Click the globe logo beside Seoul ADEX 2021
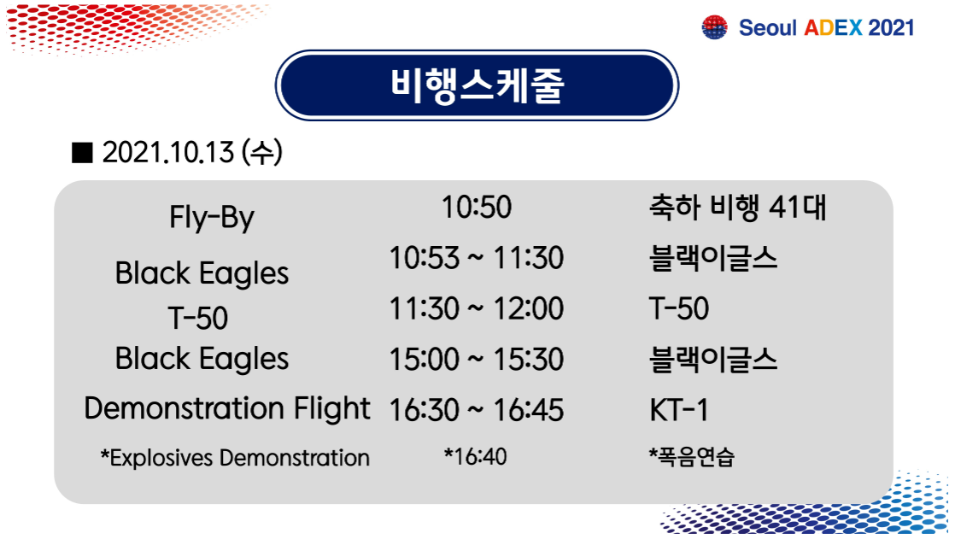[715, 27]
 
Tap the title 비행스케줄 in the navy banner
[477, 85]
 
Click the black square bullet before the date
[82, 153]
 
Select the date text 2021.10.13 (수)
[192, 152]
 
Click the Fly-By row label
[212, 218]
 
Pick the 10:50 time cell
[476, 208]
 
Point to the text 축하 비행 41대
[738, 208]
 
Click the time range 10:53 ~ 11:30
[476, 257]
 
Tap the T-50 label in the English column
[198, 318]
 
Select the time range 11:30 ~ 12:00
[476, 308]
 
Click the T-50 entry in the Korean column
[679, 308]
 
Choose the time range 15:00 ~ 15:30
[476, 360]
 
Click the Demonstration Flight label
[227, 409]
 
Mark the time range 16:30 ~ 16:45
[476, 410]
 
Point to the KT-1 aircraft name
[679, 410]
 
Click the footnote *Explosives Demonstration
[235, 458]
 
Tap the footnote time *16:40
[476, 457]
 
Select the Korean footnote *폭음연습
[691, 457]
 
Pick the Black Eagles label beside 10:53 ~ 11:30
[202, 273]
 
